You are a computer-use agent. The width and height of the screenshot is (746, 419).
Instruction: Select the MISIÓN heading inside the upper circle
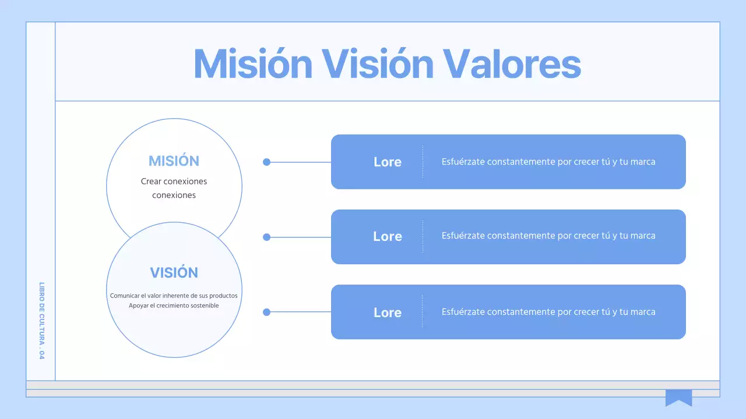pos(174,161)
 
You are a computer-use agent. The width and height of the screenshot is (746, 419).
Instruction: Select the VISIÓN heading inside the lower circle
pos(174,273)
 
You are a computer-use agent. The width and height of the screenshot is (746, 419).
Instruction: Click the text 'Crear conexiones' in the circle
pos(174,182)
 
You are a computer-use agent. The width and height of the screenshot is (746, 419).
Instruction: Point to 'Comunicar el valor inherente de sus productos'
pos(174,296)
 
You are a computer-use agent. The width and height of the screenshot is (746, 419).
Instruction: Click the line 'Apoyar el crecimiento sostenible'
pos(174,306)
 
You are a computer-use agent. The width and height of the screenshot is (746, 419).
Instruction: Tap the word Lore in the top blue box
pos(388,162)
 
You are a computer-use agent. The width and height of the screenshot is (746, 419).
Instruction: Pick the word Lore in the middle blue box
pos(388,237)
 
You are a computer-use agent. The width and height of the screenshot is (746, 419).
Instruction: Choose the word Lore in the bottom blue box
pos(388,313)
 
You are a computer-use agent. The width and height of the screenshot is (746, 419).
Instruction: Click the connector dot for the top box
pos(267,162)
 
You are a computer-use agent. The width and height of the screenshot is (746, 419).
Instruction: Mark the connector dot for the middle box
pos(267,237)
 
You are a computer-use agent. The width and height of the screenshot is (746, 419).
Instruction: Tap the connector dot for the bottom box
pos(267,312)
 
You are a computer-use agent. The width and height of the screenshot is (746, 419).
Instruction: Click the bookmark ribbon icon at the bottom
pos(678,397)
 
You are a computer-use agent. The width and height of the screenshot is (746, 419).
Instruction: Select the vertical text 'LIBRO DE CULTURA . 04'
pos(41,321)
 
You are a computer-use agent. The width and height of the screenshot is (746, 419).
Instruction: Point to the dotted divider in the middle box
pos(423,236)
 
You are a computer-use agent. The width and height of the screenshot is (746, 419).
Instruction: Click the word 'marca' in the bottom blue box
pos(643,312)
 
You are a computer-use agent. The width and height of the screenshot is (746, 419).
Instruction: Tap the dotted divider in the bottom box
pos(423,311)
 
